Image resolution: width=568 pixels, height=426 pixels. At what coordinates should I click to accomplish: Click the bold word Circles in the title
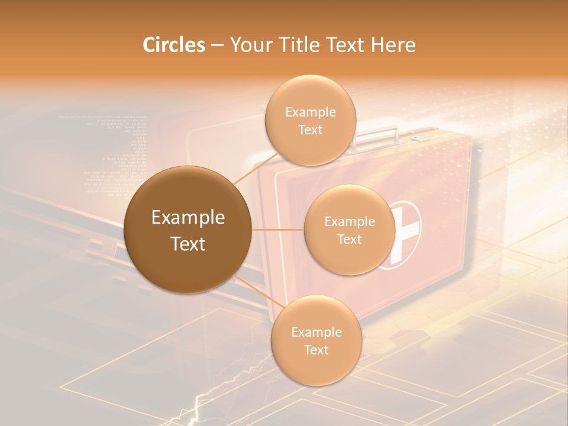coord(173,45)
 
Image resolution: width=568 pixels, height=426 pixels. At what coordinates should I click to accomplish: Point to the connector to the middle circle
coord(278,230)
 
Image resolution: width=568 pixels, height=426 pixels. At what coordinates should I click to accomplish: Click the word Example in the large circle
coord(188,218)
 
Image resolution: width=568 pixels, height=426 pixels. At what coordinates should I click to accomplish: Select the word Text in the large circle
coord(188,244)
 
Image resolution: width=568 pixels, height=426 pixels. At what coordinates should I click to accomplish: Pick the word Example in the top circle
coord(310,112)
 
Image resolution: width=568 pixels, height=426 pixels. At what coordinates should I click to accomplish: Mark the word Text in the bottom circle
coord(316,350)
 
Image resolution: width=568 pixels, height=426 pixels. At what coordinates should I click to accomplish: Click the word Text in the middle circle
coord(350,239)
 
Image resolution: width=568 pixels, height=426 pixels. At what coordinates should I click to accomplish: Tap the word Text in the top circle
coord(310,130)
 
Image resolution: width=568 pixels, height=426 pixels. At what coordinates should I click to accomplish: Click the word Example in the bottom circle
coord(316,332)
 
